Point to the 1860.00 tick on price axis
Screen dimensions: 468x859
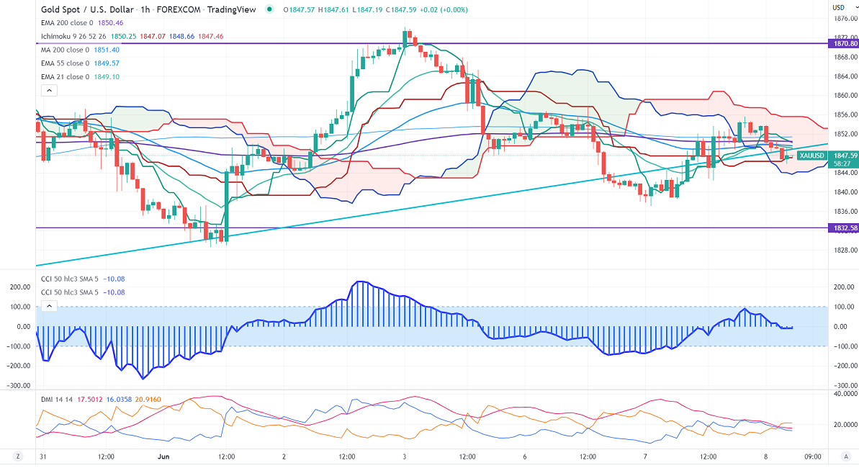tap(844, 95)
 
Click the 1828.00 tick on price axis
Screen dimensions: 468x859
tap(844, 250)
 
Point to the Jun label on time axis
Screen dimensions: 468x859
tap(163, 456)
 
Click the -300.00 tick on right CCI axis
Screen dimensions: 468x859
tap(843, 385)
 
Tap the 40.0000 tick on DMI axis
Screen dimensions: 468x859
tap(843, 394)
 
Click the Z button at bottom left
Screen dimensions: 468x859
tap(18, 456)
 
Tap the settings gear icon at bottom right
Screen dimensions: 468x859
tap(844, 456)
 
